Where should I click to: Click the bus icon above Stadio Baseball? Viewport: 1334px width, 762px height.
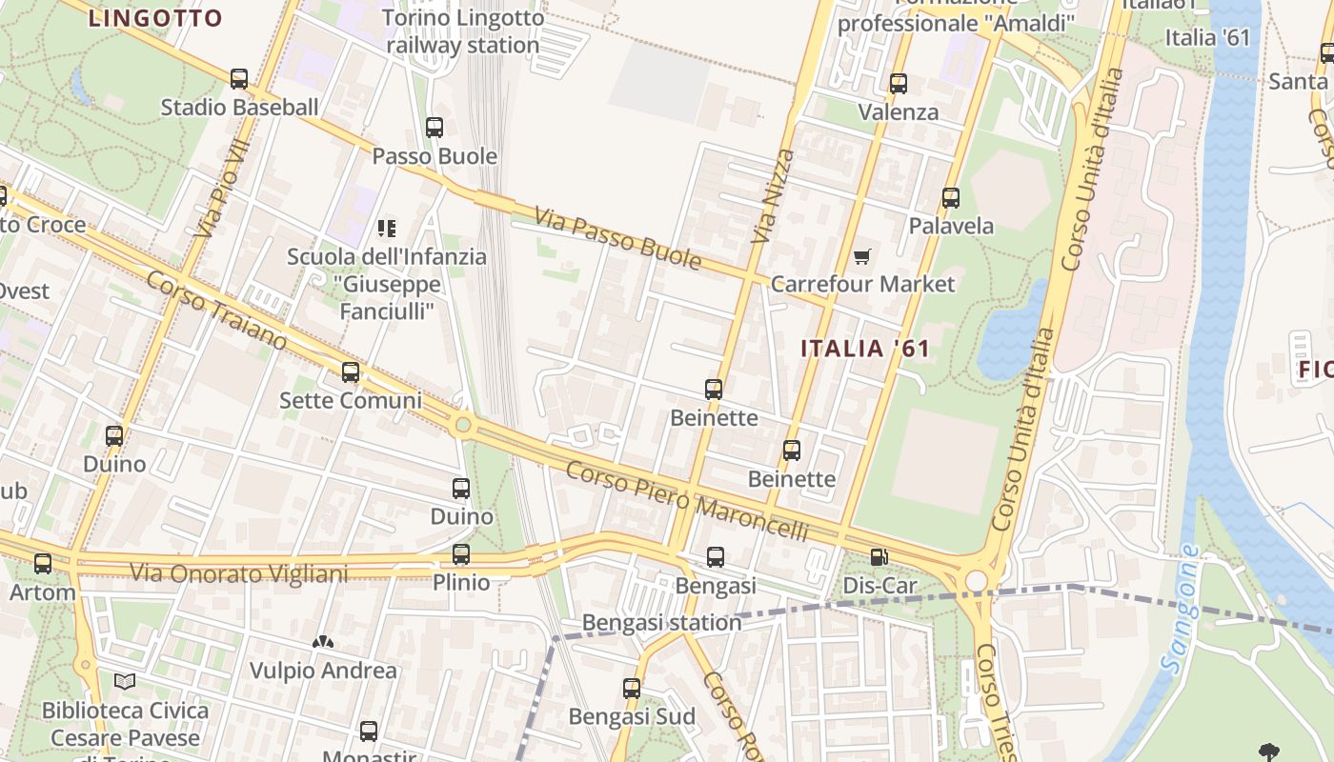tap(239, 79)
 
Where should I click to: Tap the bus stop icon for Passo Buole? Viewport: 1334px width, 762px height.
tap(435, 127)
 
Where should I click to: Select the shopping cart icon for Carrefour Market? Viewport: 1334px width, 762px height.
tap(862, 255)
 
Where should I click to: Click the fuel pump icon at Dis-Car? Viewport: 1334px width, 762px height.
tap(879, 557)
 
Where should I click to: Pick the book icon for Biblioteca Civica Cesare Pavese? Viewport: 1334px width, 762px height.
tap(125, 681)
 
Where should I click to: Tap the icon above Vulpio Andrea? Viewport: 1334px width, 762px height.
tap(323, 642)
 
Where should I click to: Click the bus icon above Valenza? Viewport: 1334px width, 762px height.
tap(899, 84)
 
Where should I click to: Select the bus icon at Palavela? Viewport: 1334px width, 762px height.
tap(951, 198)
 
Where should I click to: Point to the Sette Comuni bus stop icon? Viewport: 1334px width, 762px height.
tap(351, 372)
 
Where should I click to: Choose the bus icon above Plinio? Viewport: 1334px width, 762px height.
tap(461, 554)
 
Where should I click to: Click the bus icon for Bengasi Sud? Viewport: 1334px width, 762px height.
tap(632, 688)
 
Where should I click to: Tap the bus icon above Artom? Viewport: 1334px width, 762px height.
tap(43, 564)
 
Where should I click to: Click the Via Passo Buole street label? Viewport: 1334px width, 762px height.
tap(617, 238)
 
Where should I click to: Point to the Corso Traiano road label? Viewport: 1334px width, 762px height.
tap(216, 311)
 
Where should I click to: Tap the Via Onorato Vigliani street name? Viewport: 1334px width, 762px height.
tap(238, 573)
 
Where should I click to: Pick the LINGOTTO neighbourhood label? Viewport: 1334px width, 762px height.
tap(155, 18)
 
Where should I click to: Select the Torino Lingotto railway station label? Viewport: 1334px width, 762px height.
tap(463, 31)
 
